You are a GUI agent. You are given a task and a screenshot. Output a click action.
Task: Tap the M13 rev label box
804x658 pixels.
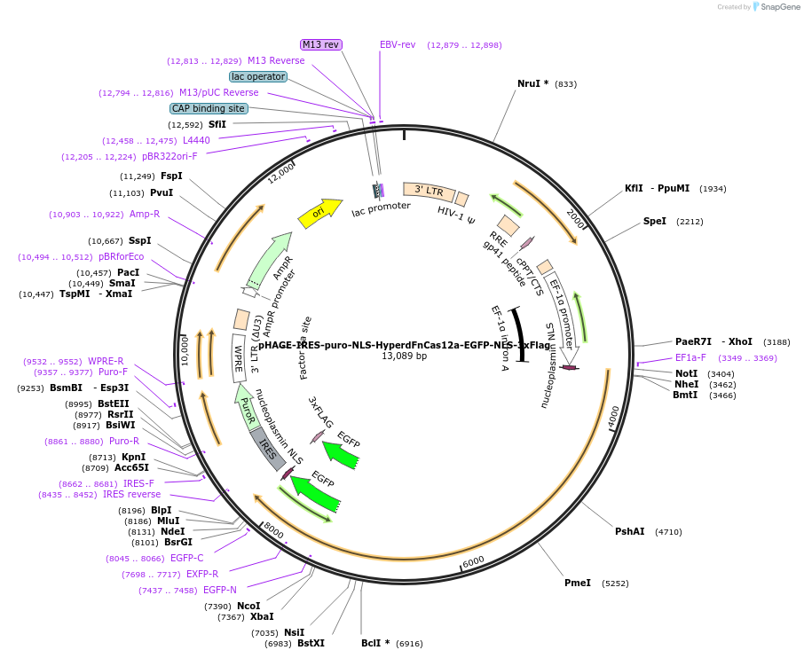320,44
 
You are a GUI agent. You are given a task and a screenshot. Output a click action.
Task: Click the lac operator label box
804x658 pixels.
258,76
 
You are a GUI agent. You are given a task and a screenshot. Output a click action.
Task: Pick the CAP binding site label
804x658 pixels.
209,108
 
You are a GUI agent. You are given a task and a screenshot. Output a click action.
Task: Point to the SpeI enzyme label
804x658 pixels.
655,221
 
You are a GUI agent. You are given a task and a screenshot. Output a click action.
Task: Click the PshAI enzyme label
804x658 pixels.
630,531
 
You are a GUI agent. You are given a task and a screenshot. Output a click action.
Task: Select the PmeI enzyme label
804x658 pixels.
578,583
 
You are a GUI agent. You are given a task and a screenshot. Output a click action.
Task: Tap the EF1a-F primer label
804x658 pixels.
690,357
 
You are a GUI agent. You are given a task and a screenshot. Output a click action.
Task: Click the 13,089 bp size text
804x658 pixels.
404,356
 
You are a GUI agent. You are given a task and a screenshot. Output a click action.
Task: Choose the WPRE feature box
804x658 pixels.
238,358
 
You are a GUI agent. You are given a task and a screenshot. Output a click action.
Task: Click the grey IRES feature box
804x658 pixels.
269,449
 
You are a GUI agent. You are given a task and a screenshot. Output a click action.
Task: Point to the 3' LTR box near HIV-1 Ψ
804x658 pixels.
429,191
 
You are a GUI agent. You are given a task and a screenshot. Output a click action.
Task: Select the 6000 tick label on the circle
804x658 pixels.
474,560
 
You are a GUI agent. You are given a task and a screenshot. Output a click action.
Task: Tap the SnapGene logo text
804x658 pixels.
776,7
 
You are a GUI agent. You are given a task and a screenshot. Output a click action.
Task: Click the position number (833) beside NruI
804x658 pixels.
565,84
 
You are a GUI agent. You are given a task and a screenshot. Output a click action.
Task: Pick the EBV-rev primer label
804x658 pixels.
398,44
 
